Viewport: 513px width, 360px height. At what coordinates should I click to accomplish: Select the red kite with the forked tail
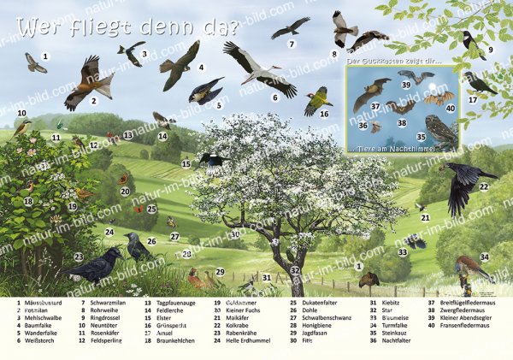[90, 83]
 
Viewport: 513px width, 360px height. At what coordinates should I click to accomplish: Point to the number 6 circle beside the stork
[275, 97]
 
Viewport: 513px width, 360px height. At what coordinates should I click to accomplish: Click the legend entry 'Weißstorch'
[35, 340]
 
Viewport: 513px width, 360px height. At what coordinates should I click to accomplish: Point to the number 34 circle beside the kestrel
[485, 257]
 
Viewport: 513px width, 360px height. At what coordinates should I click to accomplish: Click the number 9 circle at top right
[491, 50]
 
